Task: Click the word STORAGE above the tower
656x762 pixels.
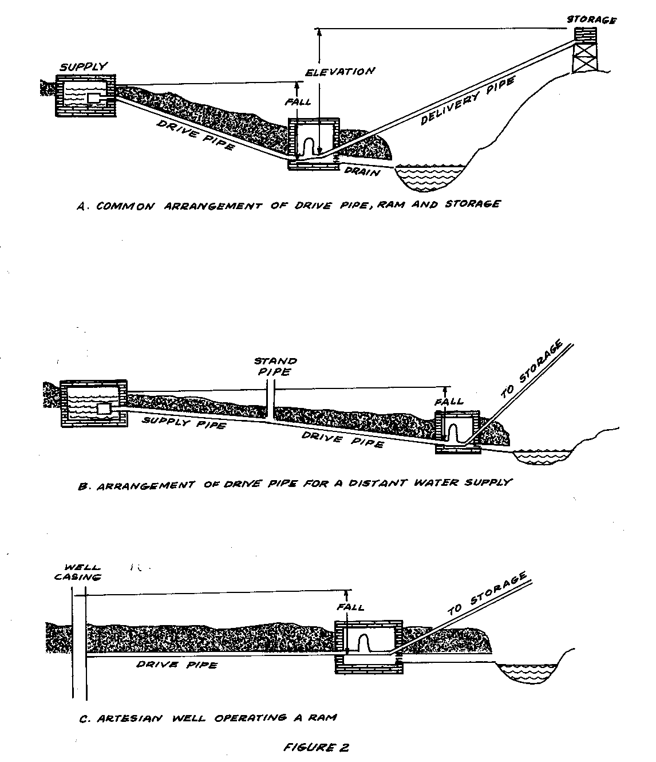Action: coord(591,20)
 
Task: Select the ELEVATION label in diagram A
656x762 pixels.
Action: coord(340,72)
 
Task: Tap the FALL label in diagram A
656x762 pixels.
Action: coord(298,102)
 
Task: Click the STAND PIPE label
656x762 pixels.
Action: coord(276,366)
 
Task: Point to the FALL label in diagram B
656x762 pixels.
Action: coord(449,401)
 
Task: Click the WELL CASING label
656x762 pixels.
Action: coord(78,573)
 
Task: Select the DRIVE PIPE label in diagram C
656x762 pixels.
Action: coord(177,665)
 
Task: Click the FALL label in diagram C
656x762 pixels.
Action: coord(350,607)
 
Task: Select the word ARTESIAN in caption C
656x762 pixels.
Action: coord(124,717)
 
